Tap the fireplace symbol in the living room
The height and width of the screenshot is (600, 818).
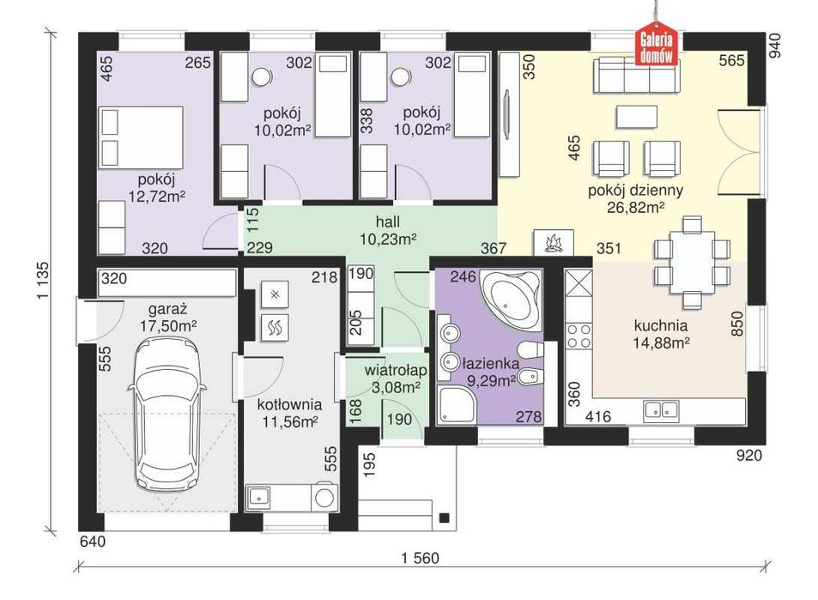tap(553, 243)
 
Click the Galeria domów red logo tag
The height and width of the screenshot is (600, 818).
tap(657, 45)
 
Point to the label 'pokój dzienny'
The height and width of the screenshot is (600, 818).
tap(635, 191)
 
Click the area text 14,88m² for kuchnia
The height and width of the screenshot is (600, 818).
tap(661, 342)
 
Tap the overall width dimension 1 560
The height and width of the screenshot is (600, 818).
tap(420, 558)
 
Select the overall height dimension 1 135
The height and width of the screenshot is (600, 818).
tap(43, 280)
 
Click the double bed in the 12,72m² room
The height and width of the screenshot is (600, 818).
tap(141, 137)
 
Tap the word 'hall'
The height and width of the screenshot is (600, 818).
tap(388, 221)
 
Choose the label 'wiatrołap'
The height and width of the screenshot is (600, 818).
tap(396, 371)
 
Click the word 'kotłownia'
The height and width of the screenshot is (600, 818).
tap(289, 404)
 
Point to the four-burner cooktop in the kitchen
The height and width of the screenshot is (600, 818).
tap(579, 336)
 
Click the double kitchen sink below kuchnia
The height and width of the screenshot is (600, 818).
tap(661, 410)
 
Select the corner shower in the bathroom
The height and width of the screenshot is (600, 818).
tap(457, 405)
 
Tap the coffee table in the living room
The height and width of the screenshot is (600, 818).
tap(636, 117)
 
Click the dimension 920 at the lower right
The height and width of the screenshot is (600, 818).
tap(749, 456)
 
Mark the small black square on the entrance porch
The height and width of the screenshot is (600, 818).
tap(445, 518)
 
